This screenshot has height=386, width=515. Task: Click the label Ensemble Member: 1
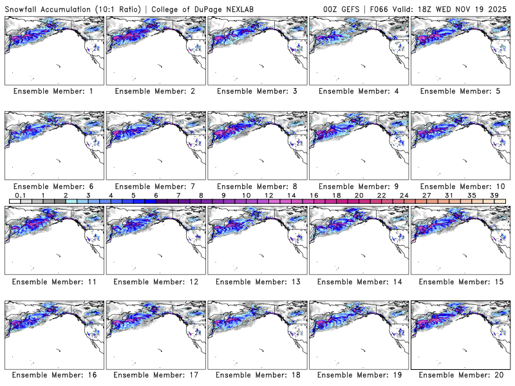[x=53, y=91]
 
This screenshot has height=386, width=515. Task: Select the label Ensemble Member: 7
[x=154, y=187]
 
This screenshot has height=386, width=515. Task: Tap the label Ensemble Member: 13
[x=256, y=282]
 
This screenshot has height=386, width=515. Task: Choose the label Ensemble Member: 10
[x=460, y=187]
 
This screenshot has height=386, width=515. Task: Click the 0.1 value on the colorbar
[x=20, y=195]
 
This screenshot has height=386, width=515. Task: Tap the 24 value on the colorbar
[x=404, y=195]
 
